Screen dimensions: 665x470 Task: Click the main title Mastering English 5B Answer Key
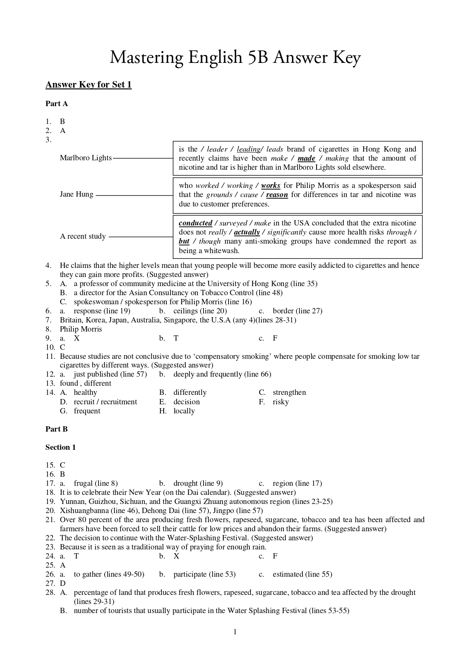235,58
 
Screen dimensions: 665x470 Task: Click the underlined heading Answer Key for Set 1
88,84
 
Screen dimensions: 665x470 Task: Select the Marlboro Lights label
86,158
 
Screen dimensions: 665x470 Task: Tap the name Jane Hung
77,194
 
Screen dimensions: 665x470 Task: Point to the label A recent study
83,236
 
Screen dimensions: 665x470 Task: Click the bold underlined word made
306,158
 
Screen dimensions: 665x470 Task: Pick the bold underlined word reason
277,195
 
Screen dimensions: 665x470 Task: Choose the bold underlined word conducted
195,223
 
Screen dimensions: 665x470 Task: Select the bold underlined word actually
247,232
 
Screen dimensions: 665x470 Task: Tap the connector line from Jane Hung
135,196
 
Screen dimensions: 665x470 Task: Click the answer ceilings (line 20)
200,311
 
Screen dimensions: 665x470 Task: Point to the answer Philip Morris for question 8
81,329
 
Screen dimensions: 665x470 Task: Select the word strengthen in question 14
289,393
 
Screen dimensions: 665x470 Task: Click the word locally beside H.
184,411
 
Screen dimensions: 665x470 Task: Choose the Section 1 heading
61,448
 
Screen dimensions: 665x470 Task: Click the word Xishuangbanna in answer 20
83,511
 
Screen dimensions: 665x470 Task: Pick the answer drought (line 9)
198,483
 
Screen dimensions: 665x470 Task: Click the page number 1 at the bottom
235,632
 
